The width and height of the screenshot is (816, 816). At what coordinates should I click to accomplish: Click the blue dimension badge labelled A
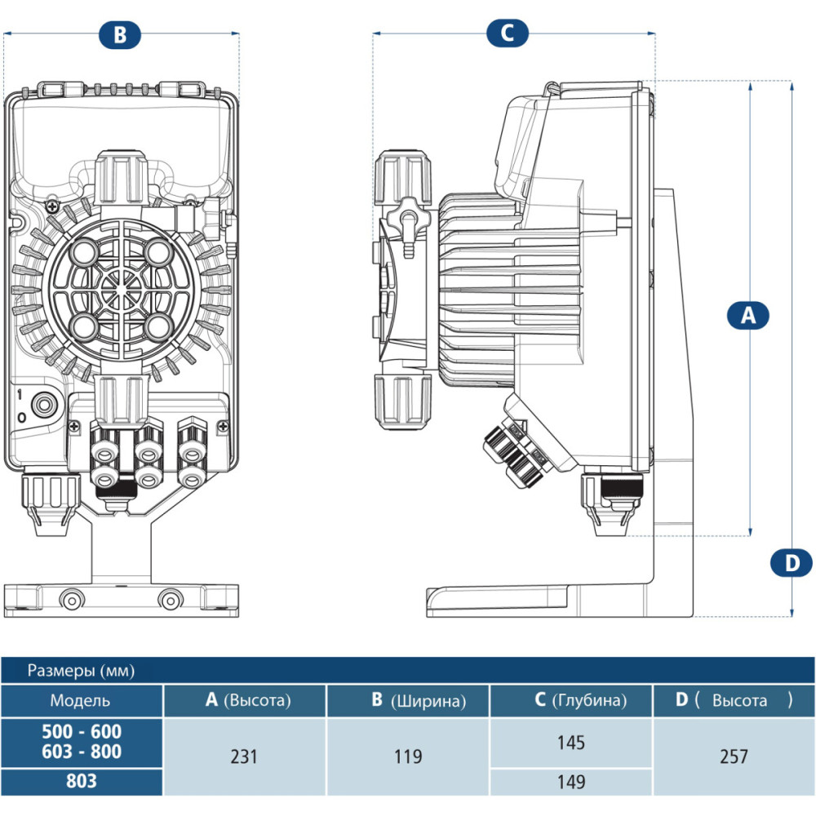point(748,315)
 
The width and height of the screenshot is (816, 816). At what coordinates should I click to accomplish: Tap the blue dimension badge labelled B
point(120,34)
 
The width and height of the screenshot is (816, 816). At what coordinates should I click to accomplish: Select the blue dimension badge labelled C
point(508,33)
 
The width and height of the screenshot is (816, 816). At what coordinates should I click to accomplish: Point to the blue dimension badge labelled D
point(792,562)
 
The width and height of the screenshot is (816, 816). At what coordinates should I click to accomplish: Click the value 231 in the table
point(244,756)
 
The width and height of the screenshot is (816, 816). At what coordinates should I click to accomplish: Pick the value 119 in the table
point(407,756)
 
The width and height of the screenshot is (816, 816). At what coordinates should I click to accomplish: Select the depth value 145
point(571,743)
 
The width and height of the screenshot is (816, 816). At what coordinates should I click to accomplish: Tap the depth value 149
point(571,782)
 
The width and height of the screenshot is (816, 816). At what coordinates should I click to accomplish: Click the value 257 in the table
point(734,756)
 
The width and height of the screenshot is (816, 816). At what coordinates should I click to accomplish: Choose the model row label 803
point(81,781)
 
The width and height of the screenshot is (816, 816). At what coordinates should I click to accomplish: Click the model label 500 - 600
point(81,732)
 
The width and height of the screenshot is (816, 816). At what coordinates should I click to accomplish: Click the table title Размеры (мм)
point(81,671)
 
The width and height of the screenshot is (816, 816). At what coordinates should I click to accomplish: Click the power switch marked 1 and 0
point(41,404)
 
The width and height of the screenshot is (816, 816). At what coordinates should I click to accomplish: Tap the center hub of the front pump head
point(120,286)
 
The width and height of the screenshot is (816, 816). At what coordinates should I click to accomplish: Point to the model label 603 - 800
point(81,752)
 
